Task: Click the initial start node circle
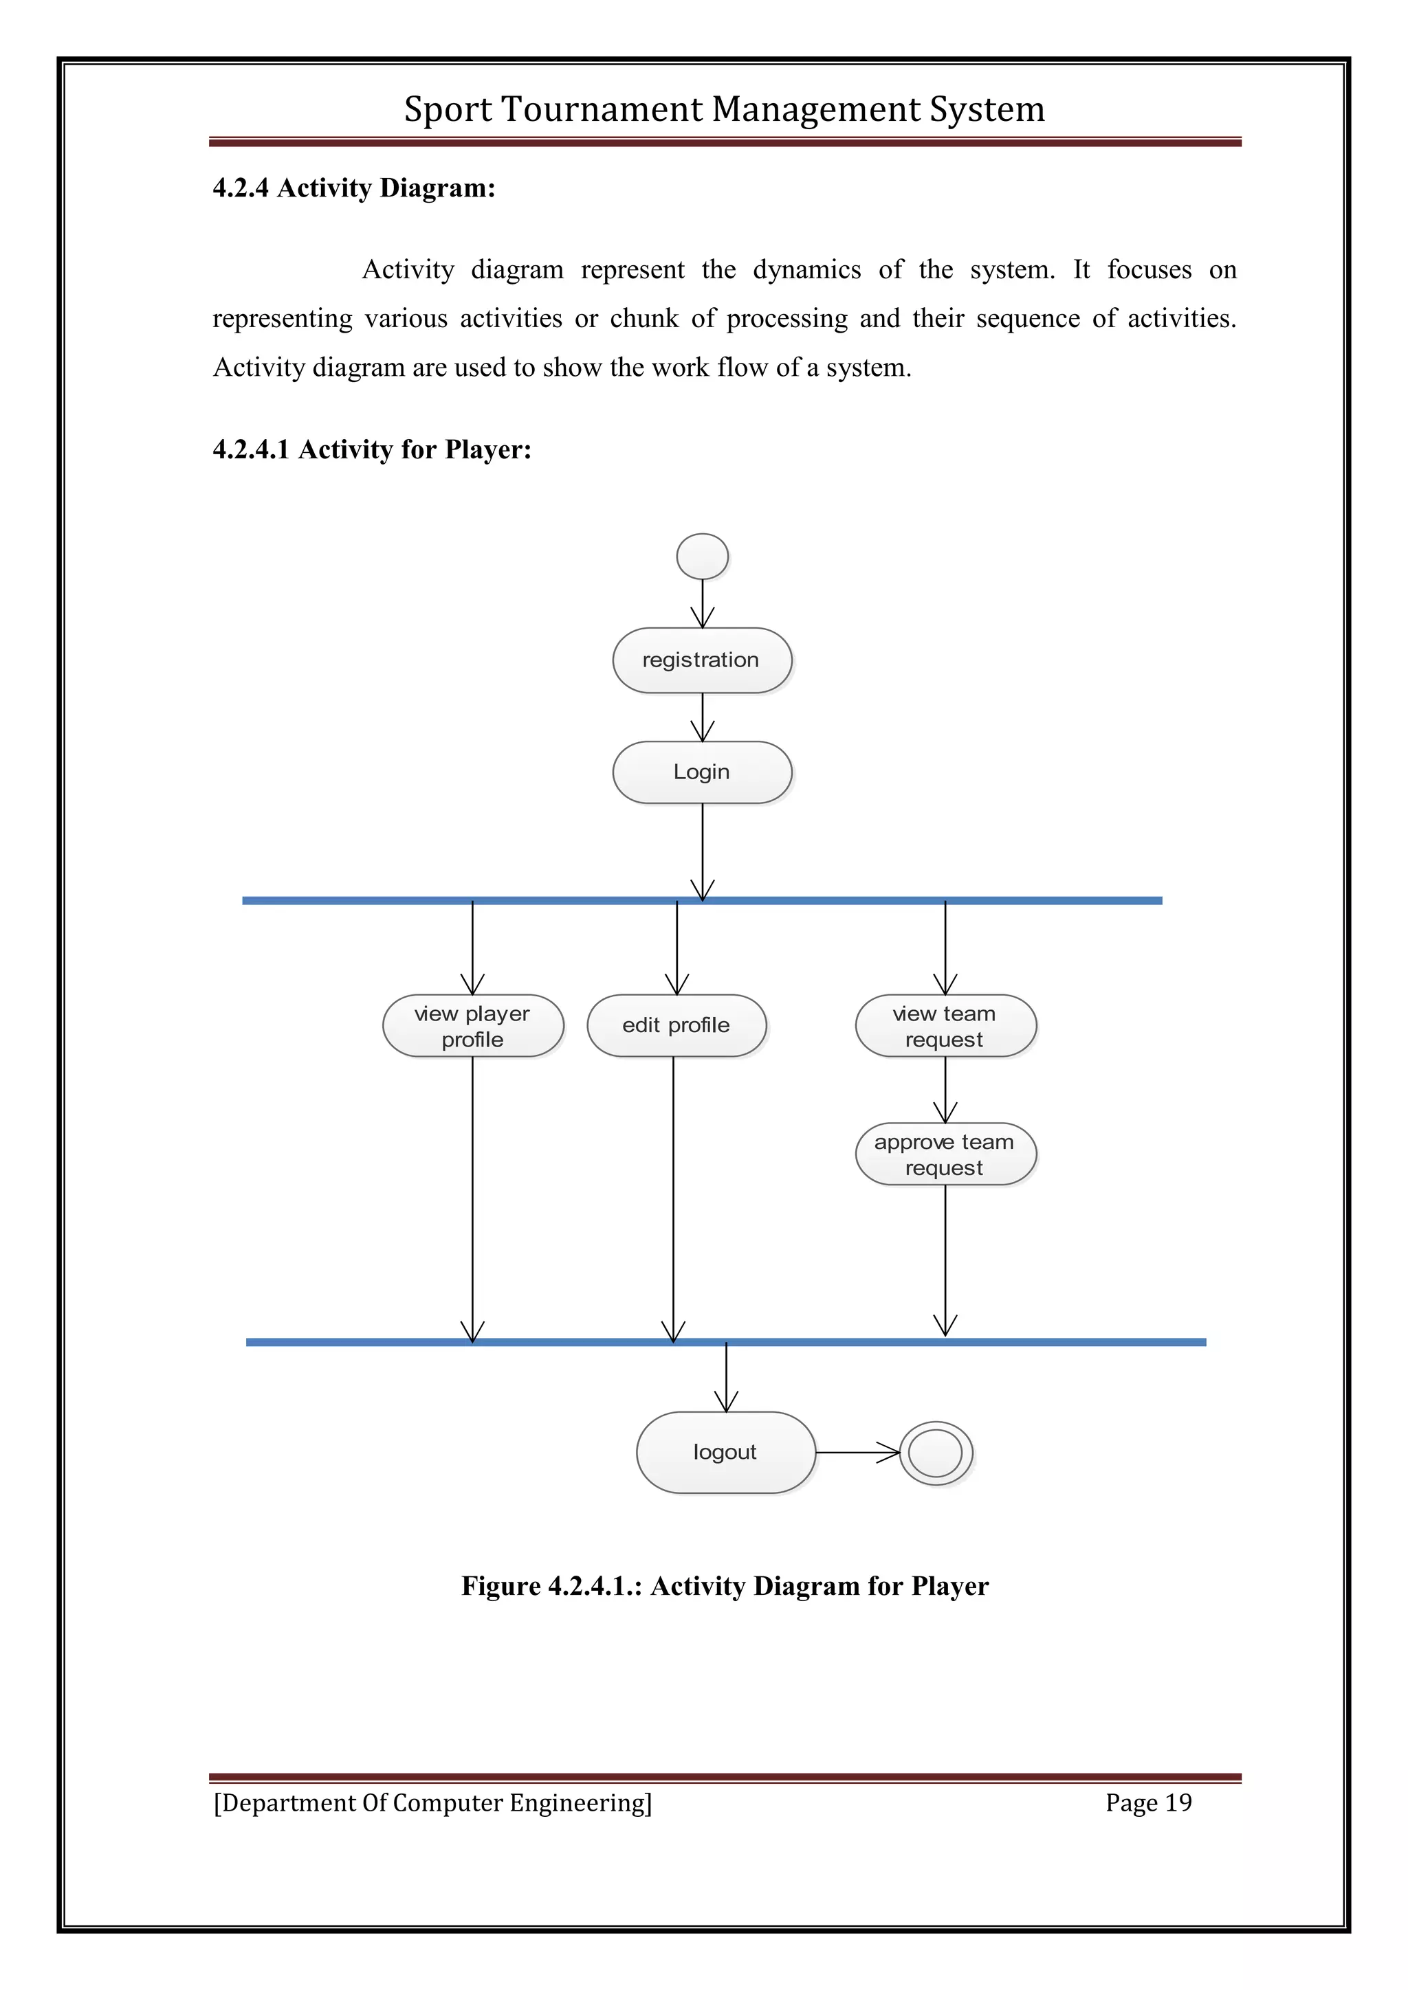pyautogui.click(x=702, y=557)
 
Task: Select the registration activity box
pyautogui.click(x=701, y=660)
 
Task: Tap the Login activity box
pyautogui.click(x=701, y=772)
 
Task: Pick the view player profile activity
pyautogui.click(x=472, y=1026)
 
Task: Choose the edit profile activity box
pyautogui.click(x=676, y=1026)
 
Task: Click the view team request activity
pyautogui.click(x=945, y=1026)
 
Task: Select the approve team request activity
pyautogui.click(x=945, y=1154)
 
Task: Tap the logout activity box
pyautogui.click(x=726, y=1452)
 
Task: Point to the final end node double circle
pyautogui.click(x=936, y=1453)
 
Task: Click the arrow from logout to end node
pyautogui.click(x=857, y=1453)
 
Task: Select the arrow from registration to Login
pyautogui.click(x=702, y=717)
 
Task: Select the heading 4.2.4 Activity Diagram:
pyautogui.click(x=354, y=188)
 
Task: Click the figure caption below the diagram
pyautogui.click(x=725, y=1586)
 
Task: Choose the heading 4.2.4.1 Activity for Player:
pyautogui.click(x=372, y=450)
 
